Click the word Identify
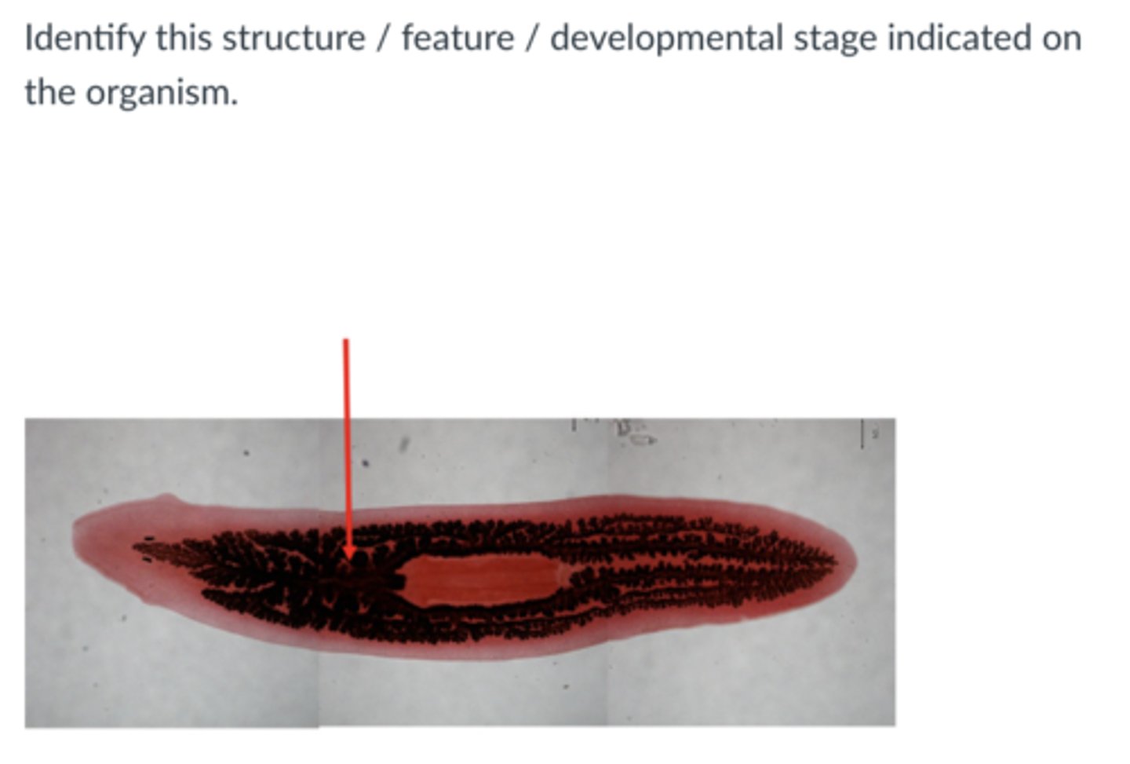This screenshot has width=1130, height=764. (x=83, y=38)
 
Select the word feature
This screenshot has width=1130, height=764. (x=457, y=38)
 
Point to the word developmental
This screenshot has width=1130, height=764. (x=666, y=38)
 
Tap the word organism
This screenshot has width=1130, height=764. (x=162, y=93)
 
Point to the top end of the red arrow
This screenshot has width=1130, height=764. (x=346, y=342)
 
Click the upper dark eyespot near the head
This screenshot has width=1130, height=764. (x=149, y=539)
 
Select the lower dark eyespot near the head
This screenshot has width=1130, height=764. (x=147, y=560)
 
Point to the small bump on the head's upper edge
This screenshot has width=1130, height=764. (x=166, y=497)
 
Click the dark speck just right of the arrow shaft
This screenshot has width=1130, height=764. (x=366, y=462)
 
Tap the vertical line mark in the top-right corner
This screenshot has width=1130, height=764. (x=863, y=433)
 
